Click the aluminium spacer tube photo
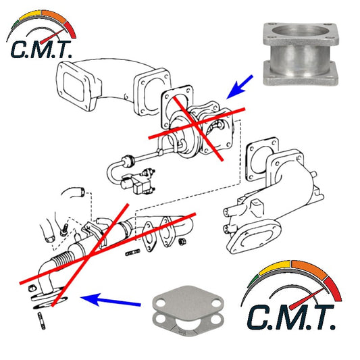(x=301, y=54)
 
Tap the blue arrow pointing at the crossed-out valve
(x=239, y=87)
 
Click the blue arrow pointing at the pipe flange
(x=111, y=301)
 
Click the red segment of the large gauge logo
(x=333, y=289)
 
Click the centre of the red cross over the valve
(x=196, y=124)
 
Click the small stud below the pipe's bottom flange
(x=42, y=321)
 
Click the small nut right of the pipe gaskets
(x=183, y=241)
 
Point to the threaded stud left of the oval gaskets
(x=132, y=253)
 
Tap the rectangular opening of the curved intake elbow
(x=73, y=86)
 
